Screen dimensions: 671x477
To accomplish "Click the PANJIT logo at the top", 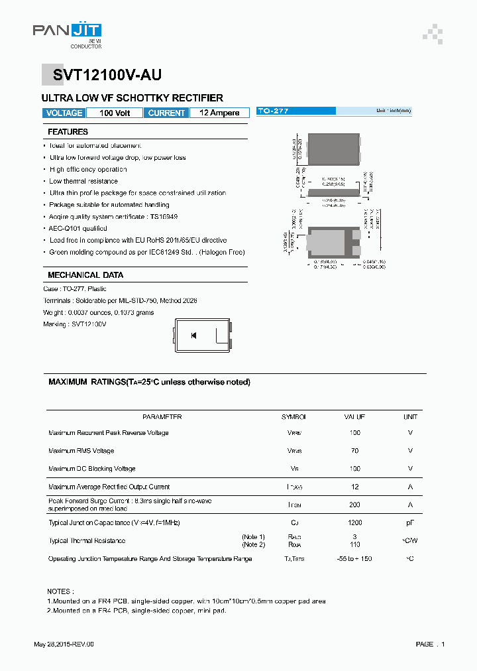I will (x=67, y=31).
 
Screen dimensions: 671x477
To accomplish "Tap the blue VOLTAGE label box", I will (x=65, y=113).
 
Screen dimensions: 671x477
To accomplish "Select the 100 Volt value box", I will (x=115, y=113).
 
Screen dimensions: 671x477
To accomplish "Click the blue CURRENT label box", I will (x=166, y=113).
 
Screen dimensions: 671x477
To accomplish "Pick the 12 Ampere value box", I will (x=219, y=113).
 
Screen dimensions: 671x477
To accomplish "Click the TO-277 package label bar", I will (x=334, y=111).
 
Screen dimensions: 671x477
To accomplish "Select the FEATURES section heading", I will (x=68, y=132).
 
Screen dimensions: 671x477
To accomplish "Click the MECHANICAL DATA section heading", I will (x=85, y=275).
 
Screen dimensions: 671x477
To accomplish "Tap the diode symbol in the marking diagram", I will (x=193, y=335).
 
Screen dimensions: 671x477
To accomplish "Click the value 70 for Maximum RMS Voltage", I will (x=354, y=451).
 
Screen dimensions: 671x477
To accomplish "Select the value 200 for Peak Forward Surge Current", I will (x=354, y=505).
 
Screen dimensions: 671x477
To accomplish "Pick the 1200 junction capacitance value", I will (x=354, y=523).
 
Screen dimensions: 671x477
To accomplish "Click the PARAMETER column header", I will (x=162, y=417).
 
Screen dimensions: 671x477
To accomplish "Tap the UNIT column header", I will (x=410, y=417).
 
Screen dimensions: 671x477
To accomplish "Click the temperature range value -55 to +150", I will (x=354, y=559).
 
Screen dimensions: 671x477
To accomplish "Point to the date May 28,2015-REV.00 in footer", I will (x=64, y=644).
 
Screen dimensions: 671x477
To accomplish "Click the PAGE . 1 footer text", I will (x=430, y=644).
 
